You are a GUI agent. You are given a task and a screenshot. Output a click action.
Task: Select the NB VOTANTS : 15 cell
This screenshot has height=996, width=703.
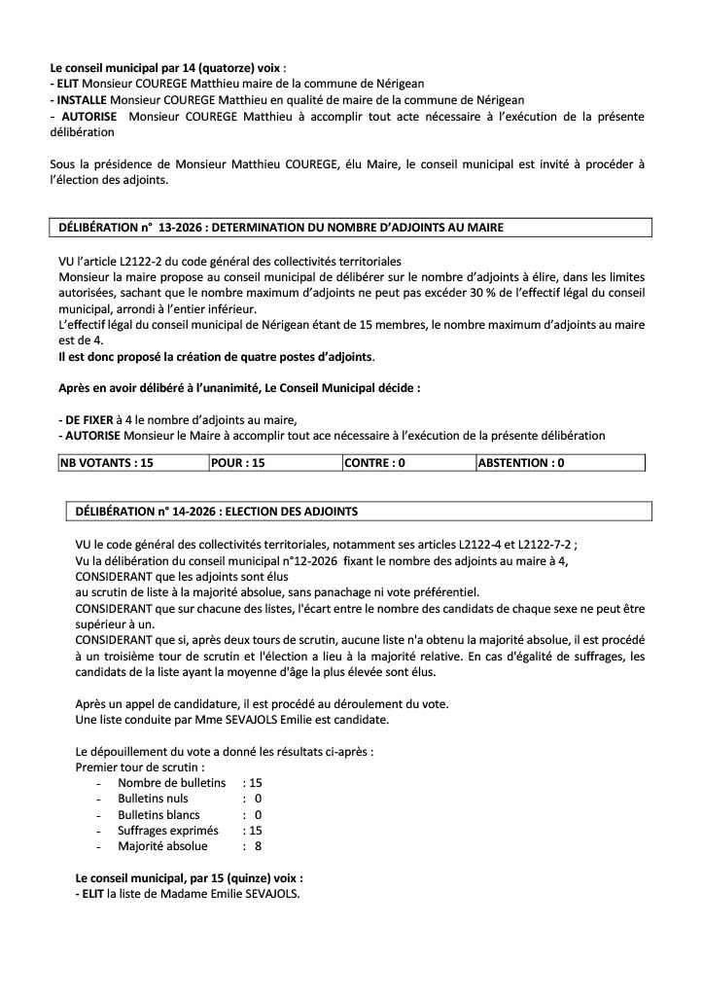pos(107,464)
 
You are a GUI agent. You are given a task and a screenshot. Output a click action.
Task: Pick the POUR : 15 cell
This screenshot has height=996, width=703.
pos(238,464)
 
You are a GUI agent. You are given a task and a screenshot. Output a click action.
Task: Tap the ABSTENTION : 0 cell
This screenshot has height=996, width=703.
pos(521,464)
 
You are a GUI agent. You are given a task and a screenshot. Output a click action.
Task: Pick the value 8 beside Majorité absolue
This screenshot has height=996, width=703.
pos(258,845)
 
